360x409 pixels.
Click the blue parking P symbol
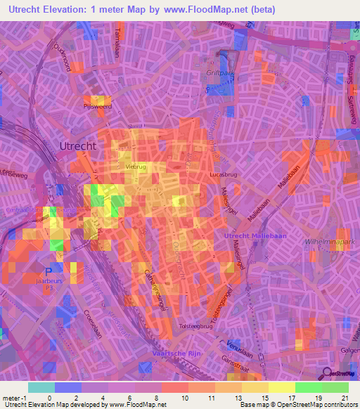pyautogui.click(x=48, y=270)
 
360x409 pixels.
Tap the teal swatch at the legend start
pyautogui.click(x=41, y=387)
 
